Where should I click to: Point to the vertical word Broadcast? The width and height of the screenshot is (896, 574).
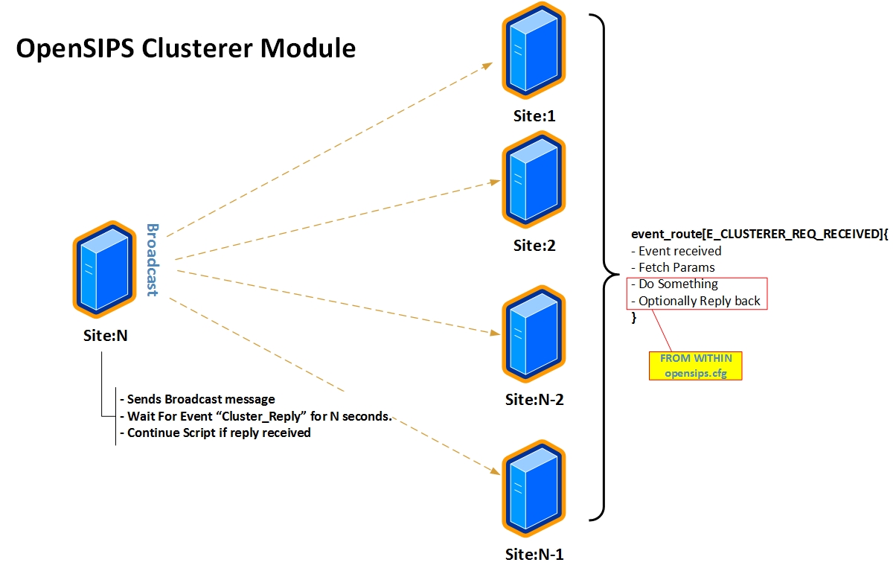[152, 260]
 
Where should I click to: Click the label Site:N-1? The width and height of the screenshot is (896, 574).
[534, 555]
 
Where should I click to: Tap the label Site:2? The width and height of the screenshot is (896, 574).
[534, 245]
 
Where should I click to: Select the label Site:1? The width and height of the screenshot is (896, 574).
[534, 116]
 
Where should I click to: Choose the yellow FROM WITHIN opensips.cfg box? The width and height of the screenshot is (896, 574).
[696, 366]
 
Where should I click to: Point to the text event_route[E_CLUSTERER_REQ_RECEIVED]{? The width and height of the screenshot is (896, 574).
[760, 234]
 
